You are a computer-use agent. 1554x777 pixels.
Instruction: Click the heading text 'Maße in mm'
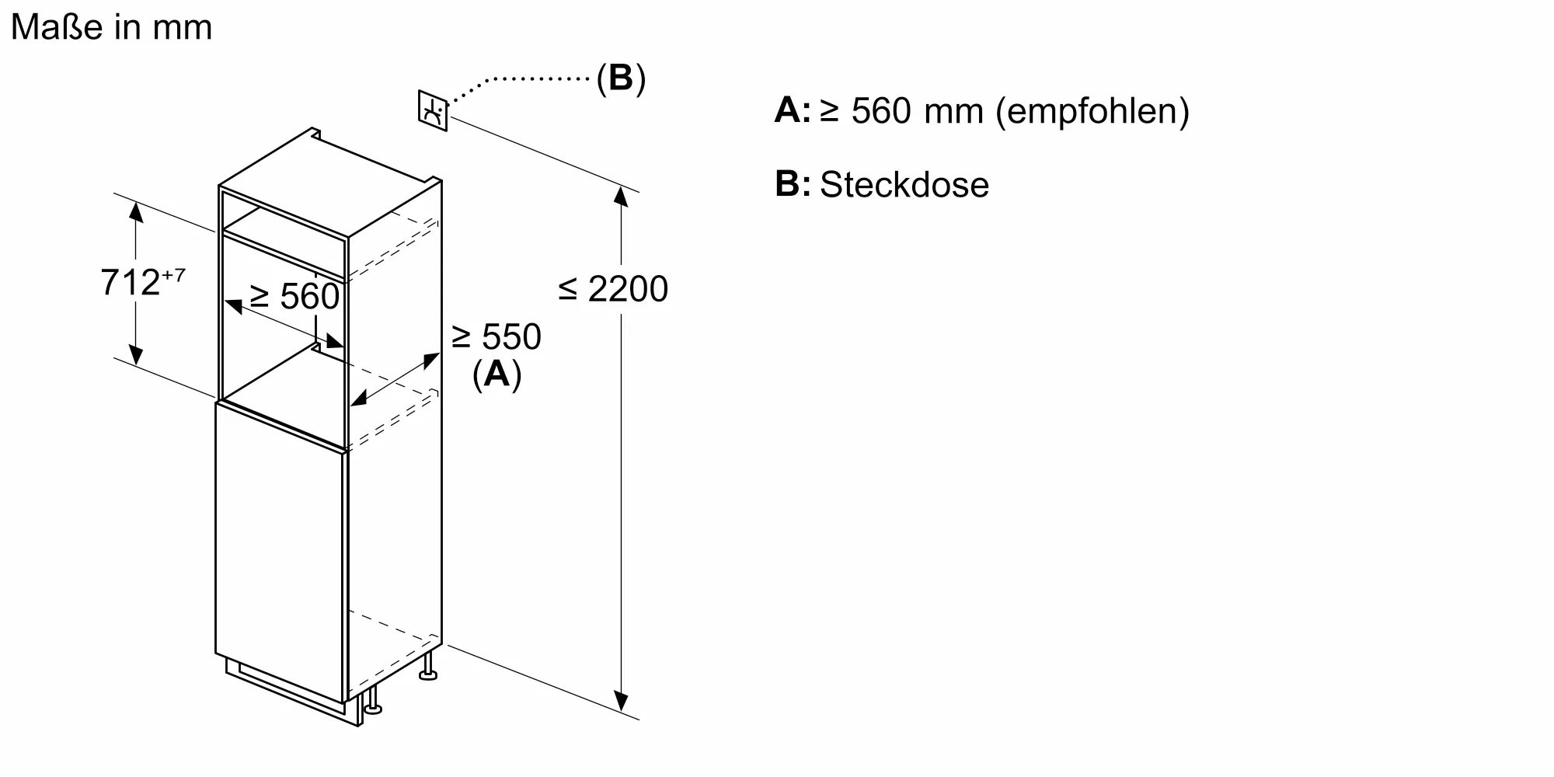click(x=111, y=28)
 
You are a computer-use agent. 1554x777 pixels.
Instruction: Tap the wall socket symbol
click(x=433, y=111)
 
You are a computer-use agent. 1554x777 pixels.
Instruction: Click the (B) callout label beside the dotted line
click(x=621, y=78)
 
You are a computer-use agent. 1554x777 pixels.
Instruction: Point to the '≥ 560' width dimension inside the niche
click(x=294, y=296)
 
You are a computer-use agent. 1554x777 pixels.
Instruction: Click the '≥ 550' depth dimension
click(x=496, y=337)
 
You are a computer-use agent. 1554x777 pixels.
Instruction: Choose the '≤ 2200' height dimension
click(x=613, y=289)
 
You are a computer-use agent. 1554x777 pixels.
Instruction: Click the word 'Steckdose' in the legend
click(x=904, y=185)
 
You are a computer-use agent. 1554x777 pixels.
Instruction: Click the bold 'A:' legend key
click(x=792, y=111)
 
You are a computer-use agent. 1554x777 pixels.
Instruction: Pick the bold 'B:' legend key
click(x=792, y=185)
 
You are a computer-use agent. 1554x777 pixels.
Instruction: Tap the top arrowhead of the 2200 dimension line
click(x=621, y=196)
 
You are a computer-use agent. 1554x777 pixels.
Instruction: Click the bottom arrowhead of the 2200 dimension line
click(x=621, y=701)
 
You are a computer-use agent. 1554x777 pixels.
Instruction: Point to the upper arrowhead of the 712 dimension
click(x=136, y=211)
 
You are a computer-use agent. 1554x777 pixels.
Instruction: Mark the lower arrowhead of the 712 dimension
click(x=136, y=354)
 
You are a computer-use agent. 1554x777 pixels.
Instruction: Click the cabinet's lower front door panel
click(x=280, y=552)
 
